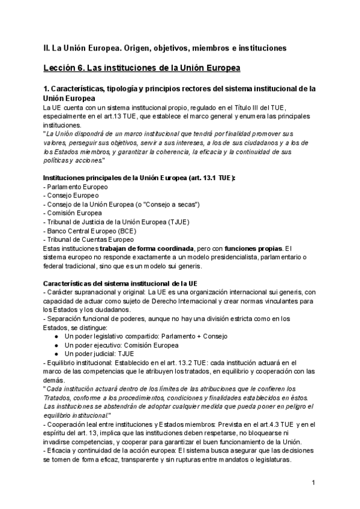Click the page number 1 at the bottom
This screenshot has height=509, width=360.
[313, 483]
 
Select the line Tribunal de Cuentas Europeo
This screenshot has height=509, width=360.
[88, 239]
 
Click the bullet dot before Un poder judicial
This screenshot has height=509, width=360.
[55, 354]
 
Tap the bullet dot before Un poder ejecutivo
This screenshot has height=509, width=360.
[55, 345]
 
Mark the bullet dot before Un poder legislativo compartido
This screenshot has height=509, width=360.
[55, 337]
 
